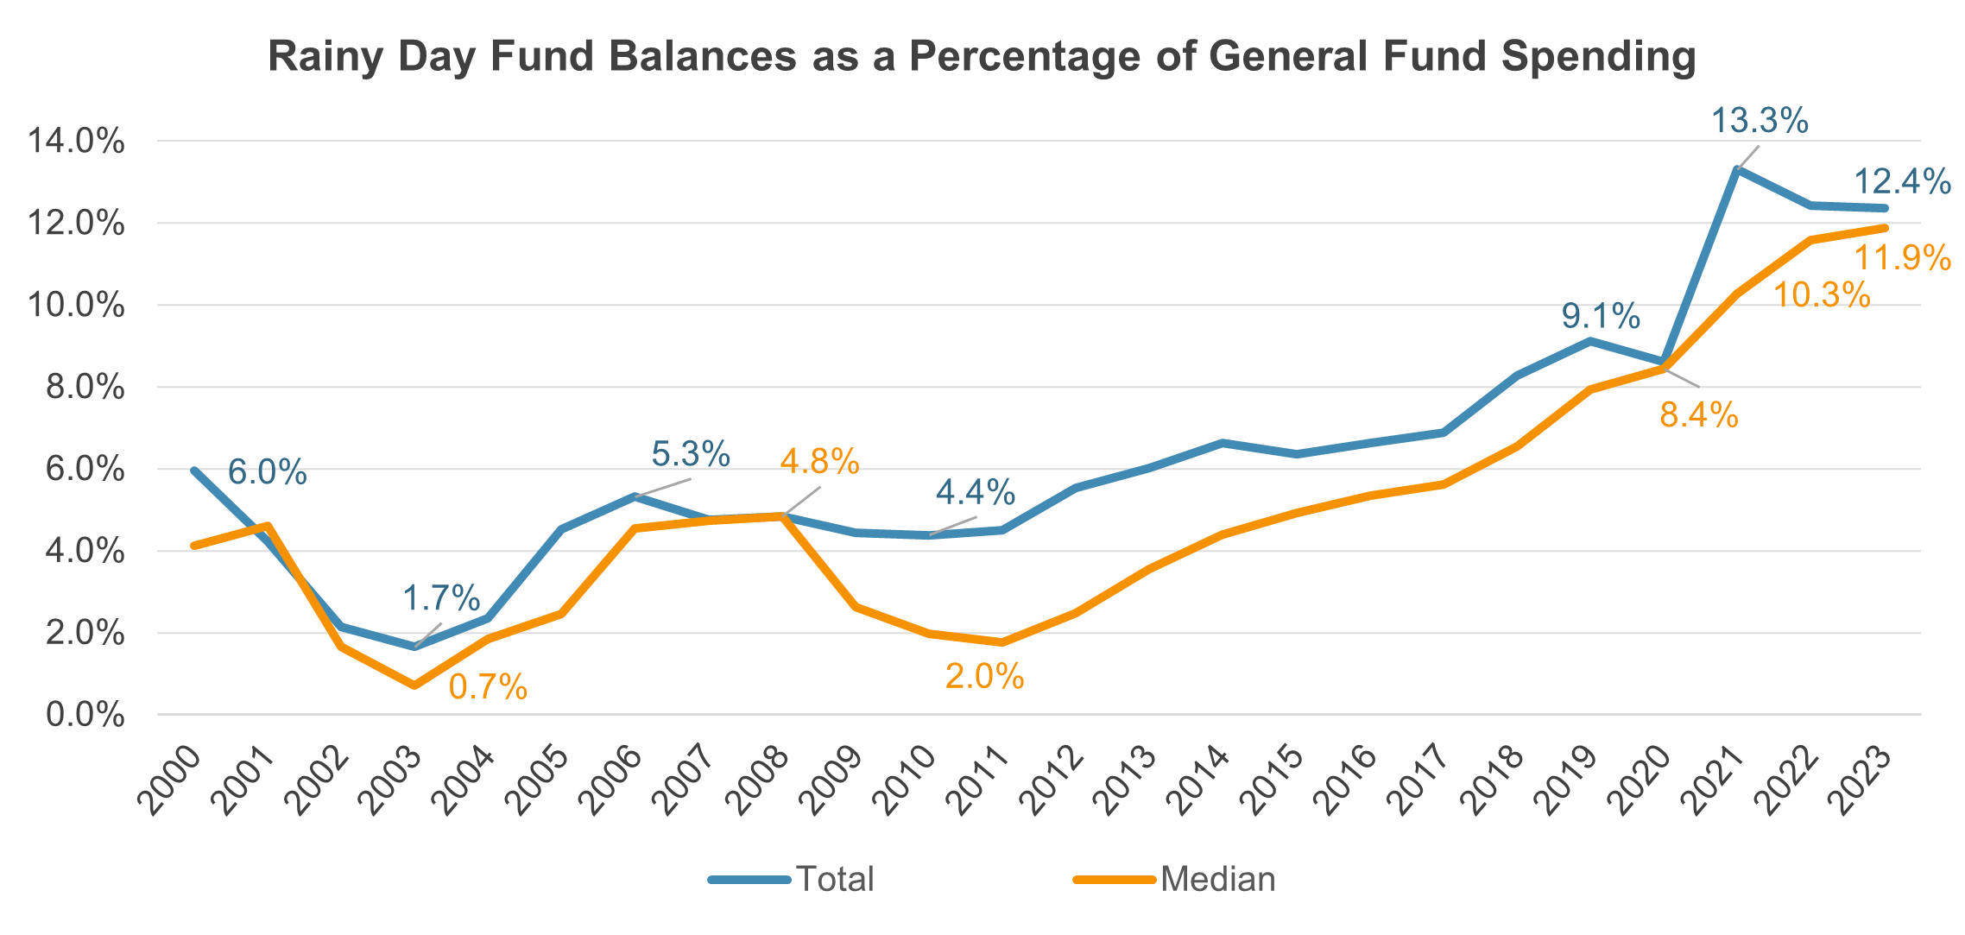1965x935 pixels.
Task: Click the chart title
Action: click(x=982, y=57)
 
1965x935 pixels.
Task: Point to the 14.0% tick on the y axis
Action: click(x=76, y=141)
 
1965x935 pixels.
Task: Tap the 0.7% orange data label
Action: click(x=488, y=687)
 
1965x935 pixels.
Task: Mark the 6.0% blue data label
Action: click(x=267, y=473)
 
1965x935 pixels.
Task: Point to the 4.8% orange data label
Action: click(x=819, y=463)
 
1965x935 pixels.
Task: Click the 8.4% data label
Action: click(x=1698, y=416)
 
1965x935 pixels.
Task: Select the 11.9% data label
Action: click(x=1902, y=258)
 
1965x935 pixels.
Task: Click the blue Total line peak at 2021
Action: click(x=1737, y=169)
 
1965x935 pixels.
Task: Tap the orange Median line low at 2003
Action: click(x=414, y=685)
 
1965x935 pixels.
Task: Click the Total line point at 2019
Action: click(x=1590, y=341)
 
